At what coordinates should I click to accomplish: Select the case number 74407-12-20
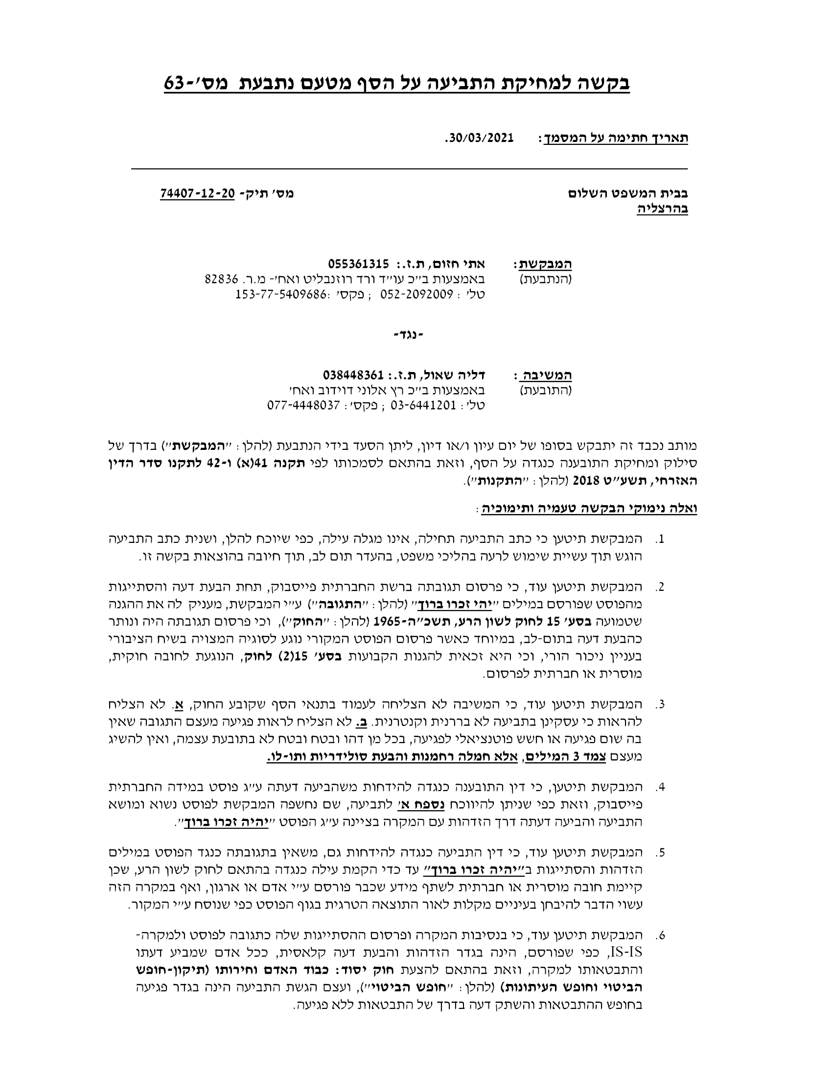coord(197,194)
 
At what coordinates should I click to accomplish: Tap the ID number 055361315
coord(358,263)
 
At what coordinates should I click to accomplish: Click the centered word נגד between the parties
coord(409,336)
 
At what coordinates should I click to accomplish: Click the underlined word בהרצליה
coord(663,209)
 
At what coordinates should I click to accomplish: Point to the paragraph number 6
coord(661,935)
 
